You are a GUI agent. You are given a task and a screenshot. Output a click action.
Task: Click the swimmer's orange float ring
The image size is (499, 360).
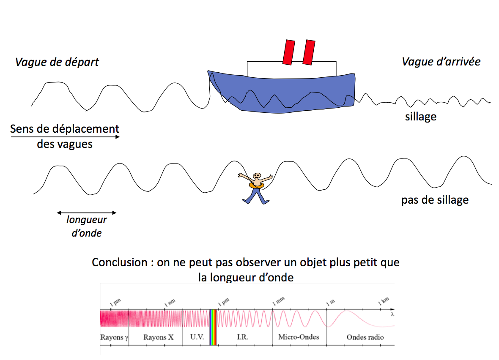pyautogui.click(x=256, y=185)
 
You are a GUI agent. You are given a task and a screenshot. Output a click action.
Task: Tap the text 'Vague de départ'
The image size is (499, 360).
pyautogui.click(x=57, y=62)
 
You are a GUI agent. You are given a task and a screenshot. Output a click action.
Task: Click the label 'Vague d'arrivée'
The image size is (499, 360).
pyautogui.click(x=441, y=62)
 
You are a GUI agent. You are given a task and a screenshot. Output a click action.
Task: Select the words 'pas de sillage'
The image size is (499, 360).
pyautogui.click(x=435, y=199)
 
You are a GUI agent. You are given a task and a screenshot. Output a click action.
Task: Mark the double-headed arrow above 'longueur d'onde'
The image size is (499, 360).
pyautogui.click(x=86, y=212)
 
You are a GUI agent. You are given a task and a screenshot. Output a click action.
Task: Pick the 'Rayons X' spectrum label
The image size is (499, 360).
pyautogui.click(x=158, y=337)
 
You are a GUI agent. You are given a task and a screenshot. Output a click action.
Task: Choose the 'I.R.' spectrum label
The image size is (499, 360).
pyautogui.click(x=242, y=337)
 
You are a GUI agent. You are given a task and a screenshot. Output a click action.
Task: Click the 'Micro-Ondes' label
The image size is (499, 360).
pyautogui.click(x=299, y=337)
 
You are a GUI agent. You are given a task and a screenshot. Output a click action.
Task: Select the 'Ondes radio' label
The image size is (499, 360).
pyautogui.click(x=365, y=337)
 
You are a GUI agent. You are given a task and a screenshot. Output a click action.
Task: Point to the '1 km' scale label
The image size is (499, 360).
pyautogui.click(x=383, y=301)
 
